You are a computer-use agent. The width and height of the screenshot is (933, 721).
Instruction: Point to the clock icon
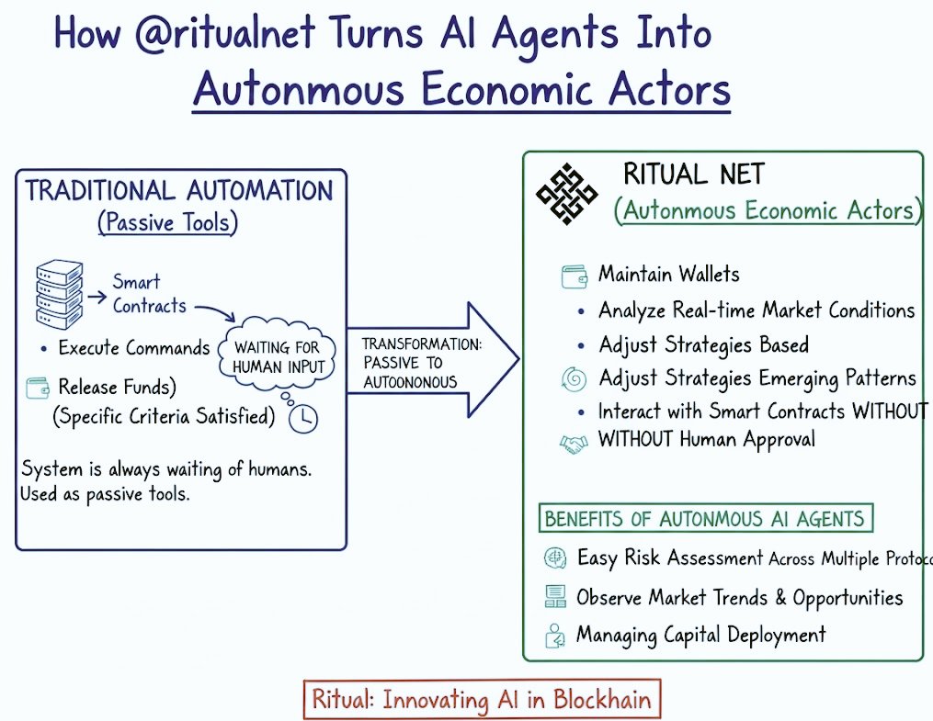[x=302, y=418]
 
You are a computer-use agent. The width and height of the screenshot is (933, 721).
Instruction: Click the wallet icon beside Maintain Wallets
[x=575, y=275]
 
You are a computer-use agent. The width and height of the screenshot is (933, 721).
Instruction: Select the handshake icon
[x=574, y=443]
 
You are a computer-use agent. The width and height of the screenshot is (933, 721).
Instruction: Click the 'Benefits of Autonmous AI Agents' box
[x=705, y=518]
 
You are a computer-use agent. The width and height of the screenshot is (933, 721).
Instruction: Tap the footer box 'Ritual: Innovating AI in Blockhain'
[x=482, y=700]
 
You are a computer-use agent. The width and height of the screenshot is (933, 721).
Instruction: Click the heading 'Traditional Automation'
[x=179, y=191]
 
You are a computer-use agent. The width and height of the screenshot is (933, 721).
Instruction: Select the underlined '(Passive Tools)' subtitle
[x=168, y=222]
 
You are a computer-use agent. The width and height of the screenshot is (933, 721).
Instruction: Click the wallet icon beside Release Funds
[x=39, y=387]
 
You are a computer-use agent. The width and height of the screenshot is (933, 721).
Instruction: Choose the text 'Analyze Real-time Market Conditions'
[x=756, y=310]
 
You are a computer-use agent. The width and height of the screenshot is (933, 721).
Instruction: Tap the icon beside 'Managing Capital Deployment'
[x=554, y=635]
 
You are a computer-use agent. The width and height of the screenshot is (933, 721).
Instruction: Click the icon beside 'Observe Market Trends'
[x=554, y=598]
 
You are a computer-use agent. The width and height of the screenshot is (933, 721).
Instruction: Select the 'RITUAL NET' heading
[x=693, y=174]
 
